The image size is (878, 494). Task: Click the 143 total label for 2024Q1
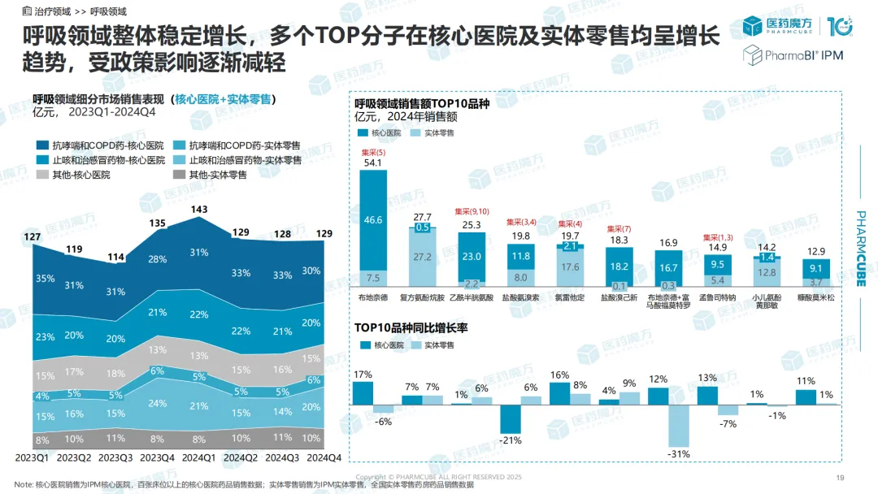pos(198,209)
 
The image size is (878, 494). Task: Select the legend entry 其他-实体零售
pos(217,175)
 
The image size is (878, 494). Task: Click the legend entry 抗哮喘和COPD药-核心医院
pos(107,145)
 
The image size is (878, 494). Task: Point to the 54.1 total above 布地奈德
pos(374,162)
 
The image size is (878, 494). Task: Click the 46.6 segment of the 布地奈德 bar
pos(374,219)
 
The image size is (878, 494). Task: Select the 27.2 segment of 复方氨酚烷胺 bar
pos(423,257)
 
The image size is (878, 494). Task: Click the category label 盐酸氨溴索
pos(520,298)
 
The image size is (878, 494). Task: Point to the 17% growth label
pos(363,375)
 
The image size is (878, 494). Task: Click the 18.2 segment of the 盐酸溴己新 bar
pos(619,266)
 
